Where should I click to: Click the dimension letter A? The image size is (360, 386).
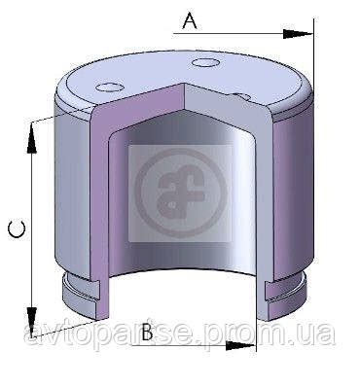(x=190, y=21)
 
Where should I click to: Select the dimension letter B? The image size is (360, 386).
(x=147, y=332)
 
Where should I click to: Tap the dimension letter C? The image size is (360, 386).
(x=17, y=229)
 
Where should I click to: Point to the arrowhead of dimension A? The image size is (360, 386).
(x=298, y=34)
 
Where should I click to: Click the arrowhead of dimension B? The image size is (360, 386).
(x=240, y=345)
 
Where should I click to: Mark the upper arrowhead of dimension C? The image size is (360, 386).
(x=31, y=137)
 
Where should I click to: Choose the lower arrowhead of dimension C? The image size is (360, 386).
(x=31, y=322)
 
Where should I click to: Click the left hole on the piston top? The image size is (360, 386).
(x=109, y=87)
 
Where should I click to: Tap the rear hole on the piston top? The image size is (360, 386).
(x=205, y=62)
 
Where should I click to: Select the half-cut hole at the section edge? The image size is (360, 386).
(x=241, y=96)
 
